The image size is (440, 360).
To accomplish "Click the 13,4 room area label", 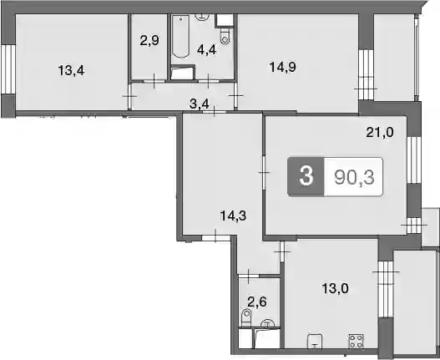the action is coord(71,70).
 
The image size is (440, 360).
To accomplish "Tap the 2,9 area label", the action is coord(149,40).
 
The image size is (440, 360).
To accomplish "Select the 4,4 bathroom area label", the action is coord(207,50).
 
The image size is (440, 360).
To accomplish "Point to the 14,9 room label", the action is coord(282,67).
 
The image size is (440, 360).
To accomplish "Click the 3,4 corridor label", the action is coord(200,104).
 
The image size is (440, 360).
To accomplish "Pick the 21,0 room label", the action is coord(380,132).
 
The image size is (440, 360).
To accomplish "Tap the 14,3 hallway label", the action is coord(233,216).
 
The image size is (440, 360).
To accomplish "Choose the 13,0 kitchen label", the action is coord(335,288).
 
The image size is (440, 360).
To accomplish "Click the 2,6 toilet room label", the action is coord(257,302).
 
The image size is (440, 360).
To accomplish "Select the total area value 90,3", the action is coord(354,177).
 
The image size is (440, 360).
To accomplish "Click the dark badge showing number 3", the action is coord(306,176).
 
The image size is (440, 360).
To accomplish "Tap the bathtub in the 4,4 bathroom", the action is coord(180,37).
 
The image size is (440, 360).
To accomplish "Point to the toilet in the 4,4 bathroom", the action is coord(225,36).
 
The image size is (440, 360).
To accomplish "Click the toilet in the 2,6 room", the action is coord(246,318).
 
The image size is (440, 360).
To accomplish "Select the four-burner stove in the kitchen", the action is coord(356,341).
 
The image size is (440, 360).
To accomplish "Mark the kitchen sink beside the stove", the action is coord(315,341).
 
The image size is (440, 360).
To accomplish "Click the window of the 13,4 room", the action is coord(8,69).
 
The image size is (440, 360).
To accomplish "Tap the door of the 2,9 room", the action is coord(154,81).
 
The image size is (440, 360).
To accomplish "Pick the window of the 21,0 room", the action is coord(414,160).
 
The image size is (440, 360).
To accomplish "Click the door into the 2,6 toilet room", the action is coord(249,276).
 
